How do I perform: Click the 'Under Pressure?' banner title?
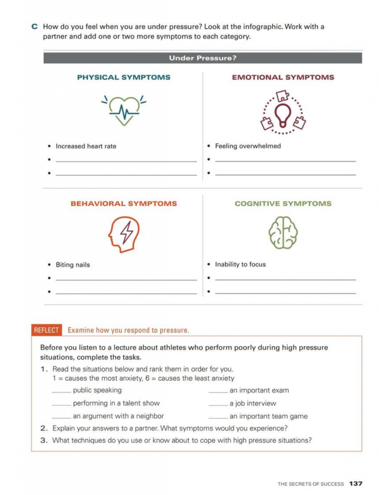coord(202,58)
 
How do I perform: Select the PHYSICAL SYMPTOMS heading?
coord(124,77)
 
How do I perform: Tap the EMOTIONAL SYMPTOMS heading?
coord(283,77)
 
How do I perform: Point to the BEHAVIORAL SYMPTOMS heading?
coord(124,204)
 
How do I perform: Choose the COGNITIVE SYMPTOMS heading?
coord(283,204)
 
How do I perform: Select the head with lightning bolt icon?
coord(124,233)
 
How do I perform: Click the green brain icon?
coord(282,233)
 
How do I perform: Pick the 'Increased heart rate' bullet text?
coord(86,146)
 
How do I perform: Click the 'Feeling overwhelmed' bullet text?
coord(248,146)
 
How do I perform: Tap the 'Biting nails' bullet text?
coord(73,265)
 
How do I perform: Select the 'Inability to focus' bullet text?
coord(240,264)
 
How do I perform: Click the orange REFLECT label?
coord(46,331)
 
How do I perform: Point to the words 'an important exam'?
coord(259,391)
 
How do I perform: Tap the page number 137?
coord(356,483)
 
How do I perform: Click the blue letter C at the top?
coord(35,27)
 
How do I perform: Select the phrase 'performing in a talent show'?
coord(116,403)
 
